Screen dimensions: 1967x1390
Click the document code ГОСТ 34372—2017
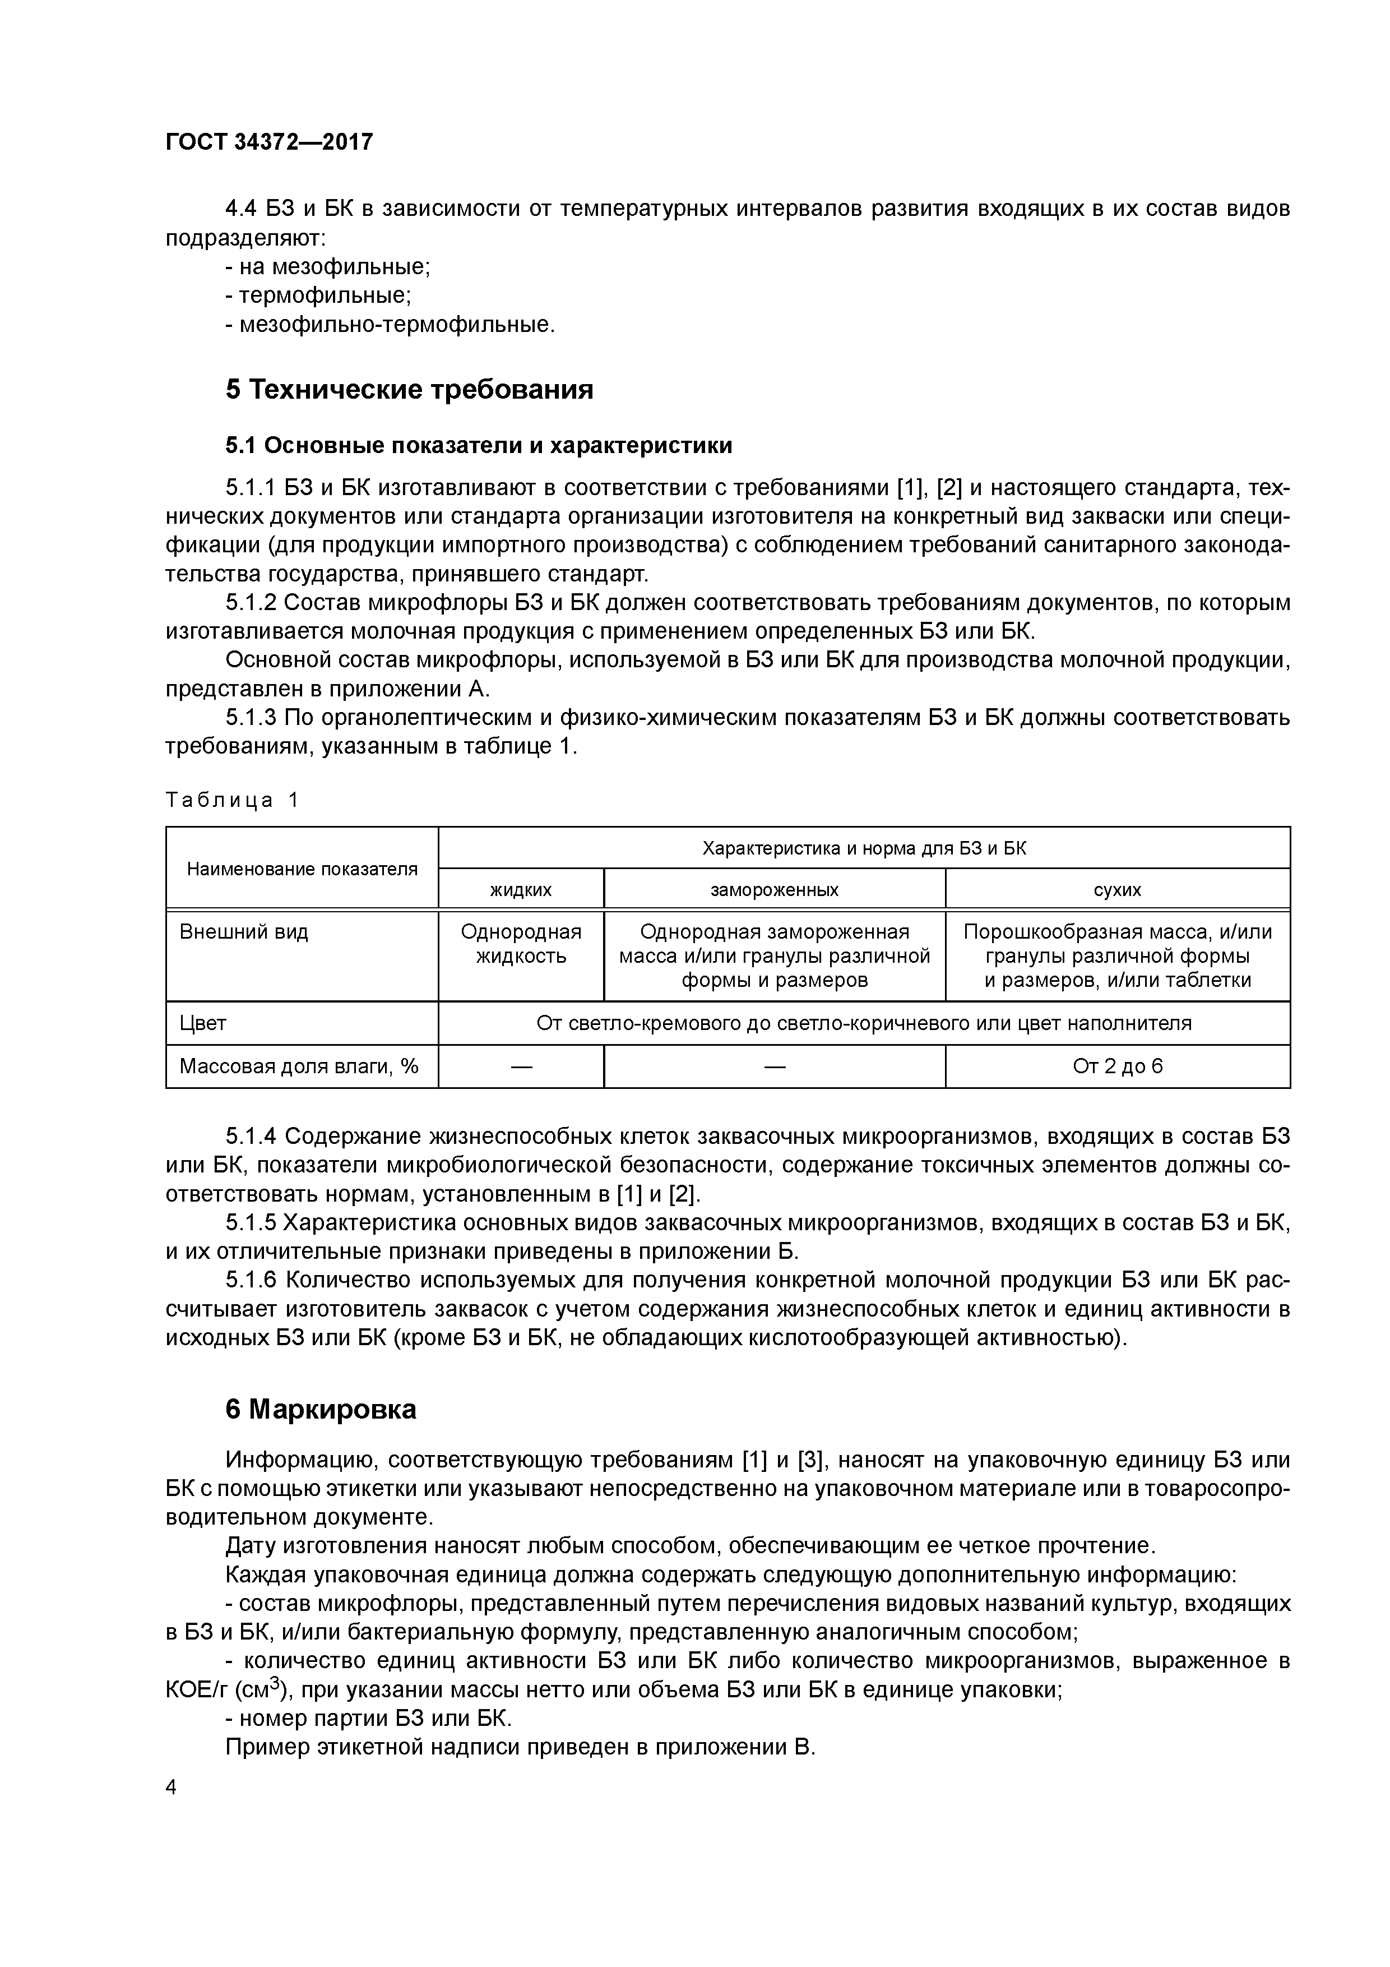tap(269, 142)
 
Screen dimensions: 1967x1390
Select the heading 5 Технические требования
tap(409, 390)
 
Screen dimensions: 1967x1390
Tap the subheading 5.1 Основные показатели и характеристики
tap(479, 445)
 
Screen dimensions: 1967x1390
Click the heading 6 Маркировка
tap(321, 1409)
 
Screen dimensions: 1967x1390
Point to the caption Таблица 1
tap(232, 800)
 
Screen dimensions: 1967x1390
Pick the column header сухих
tap(1117, 889)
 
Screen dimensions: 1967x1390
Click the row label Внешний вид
tap(243, 932)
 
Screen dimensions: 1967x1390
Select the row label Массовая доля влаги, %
tap(299, 1066)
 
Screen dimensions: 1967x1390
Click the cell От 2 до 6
tap(1117, 1066)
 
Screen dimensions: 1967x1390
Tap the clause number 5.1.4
tap(251, 1137)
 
